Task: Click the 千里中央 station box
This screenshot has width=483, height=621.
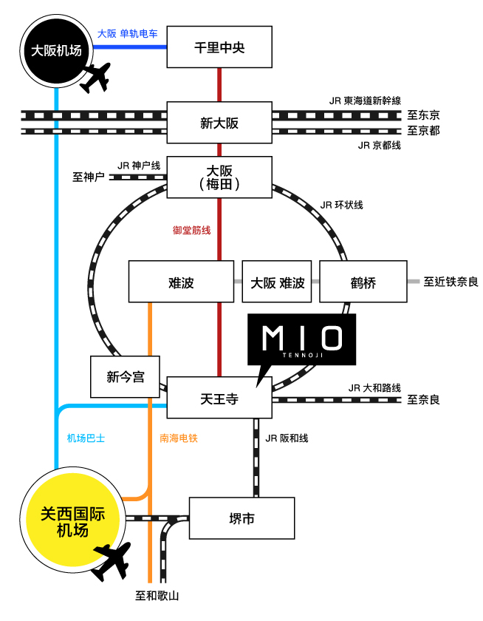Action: tap(219, 47)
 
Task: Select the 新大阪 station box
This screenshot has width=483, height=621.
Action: tap(219, 123)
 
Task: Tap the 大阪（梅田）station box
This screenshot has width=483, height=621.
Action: tap(219, 177)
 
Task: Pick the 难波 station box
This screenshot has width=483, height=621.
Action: tap(181, 282)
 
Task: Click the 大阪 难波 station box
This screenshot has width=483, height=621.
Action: tap(277, 282)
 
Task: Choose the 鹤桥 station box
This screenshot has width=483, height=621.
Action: tap(363, 282)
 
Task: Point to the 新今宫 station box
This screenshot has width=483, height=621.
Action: tap(126, 377)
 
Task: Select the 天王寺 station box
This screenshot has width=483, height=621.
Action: tap(219, 398)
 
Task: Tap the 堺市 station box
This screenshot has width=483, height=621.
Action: tap(242, 519)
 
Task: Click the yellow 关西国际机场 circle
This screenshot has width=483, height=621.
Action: tap(72, 521)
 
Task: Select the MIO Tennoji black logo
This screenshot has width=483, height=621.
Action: tap(302, 340)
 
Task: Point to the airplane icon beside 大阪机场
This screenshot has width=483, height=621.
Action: tap(94, 78)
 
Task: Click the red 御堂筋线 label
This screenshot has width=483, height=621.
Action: tap(192, 230)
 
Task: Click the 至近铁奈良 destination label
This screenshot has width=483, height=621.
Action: tap(451, 282)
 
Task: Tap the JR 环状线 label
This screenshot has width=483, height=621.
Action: tap(342, 205)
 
